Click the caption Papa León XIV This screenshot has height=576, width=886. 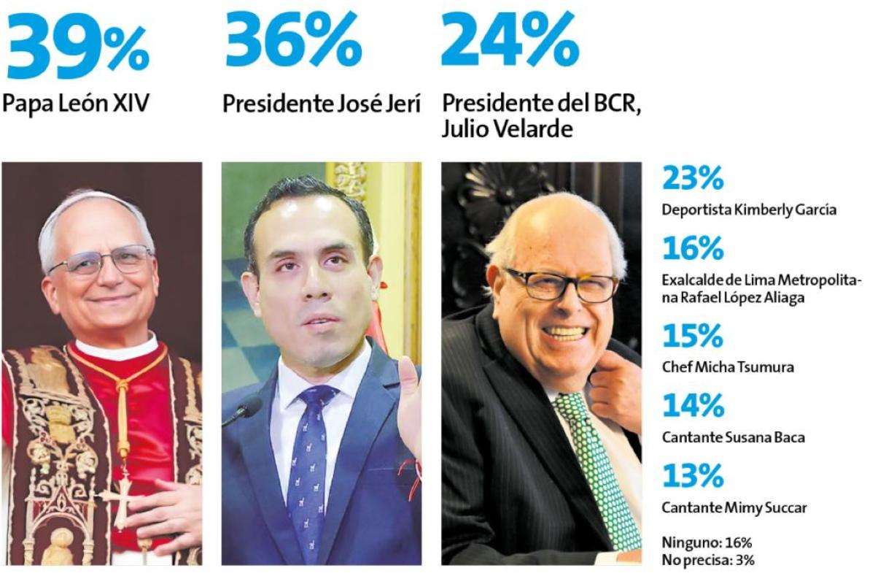[76, 104]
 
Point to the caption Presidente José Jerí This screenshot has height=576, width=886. [322, 105]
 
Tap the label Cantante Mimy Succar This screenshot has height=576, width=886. [734, 507]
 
